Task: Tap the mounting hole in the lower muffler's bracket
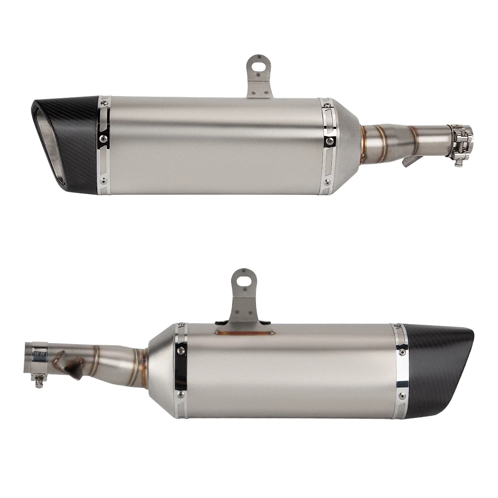coord(244,279)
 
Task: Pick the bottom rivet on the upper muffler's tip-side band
coord(103,181)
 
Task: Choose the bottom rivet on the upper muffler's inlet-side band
coord(327,183)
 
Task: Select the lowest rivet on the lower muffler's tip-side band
coord(401,396)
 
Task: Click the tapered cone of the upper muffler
coord(346,144)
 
